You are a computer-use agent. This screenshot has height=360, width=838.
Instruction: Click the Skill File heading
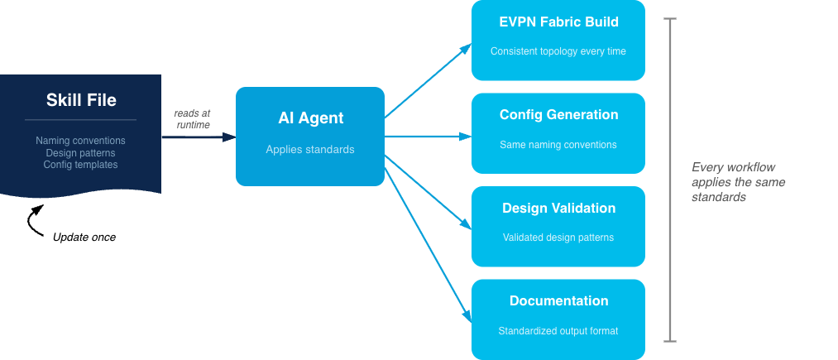pyautogui.click(x=81, y=101)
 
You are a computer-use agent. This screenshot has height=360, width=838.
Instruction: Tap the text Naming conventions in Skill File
pyautogui.click(x=81, y=141)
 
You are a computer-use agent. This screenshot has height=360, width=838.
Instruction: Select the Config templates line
pyautogui.click(x=81, y=165)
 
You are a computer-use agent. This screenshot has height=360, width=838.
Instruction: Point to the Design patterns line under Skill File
pyautogui.click(x=81, y=153)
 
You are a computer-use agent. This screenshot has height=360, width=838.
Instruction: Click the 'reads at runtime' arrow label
pyautogui.click(x=192, y=118)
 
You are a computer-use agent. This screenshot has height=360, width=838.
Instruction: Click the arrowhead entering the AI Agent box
pyautogui.click(x=230, y=137)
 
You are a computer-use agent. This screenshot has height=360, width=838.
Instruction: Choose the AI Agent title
pyautogui.click(x=310, y=118)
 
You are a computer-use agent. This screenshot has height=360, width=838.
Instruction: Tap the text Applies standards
pyautogui.click(x=310, y=150)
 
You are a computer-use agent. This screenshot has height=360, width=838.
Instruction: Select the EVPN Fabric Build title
pyautogui.click(x=558, y=22)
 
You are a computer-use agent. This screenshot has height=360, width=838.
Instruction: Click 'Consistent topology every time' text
pyautogui.click(x=558, y=51)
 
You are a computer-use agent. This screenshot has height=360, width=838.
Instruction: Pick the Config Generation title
pyautogui.click(x=558, y=114)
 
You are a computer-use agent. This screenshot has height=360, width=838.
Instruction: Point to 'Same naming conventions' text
pyautogui.click(x=558, y=145)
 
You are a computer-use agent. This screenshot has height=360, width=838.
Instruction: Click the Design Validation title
pyautogui.click(x=558, y=208)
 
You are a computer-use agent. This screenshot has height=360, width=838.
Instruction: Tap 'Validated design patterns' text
pyautogui.click(x=558, y=238)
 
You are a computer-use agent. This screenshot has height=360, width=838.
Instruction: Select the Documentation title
pyautogui.click(x=558, y=300)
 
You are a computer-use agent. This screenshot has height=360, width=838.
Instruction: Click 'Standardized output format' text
pyautogui.click(x=558, y=331)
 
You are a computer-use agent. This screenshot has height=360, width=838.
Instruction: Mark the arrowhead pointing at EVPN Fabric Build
pyautogui.click(x=467, y=46)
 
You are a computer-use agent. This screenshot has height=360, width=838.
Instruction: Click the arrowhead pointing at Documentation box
pyautogui.click(x=467, y=317)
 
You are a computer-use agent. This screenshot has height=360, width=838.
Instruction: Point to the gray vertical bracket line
pyautogui.click(x=670, y=179)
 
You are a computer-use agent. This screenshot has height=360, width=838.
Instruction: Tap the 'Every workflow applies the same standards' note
pyautogui.click(x=738, y=182)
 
